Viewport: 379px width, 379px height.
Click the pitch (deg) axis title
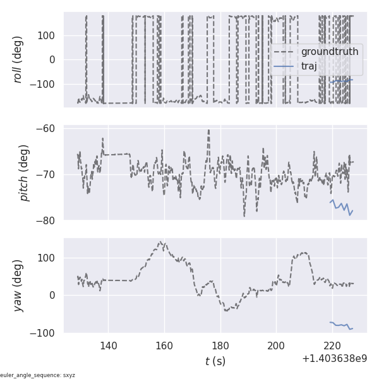(24, 174)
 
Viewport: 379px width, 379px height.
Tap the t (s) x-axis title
(215, 361)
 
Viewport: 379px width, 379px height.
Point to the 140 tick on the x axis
(108, 346)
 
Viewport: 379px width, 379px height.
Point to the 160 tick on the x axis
(164, 346)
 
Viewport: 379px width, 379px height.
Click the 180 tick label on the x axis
(220, 346)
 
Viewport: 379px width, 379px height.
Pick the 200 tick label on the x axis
(276, 346)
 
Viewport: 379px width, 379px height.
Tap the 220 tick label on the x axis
(332, 346)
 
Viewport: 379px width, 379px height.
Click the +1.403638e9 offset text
(335, 358)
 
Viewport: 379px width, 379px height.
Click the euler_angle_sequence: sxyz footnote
(38, 375)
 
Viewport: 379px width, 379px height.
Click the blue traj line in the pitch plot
(341, 205)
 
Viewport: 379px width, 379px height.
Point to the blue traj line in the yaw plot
(341, 325)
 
